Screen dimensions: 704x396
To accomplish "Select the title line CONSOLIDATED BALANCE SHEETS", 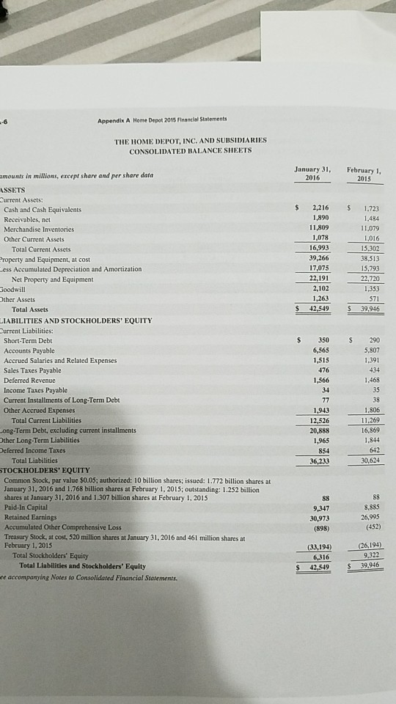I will coord(190,150).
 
